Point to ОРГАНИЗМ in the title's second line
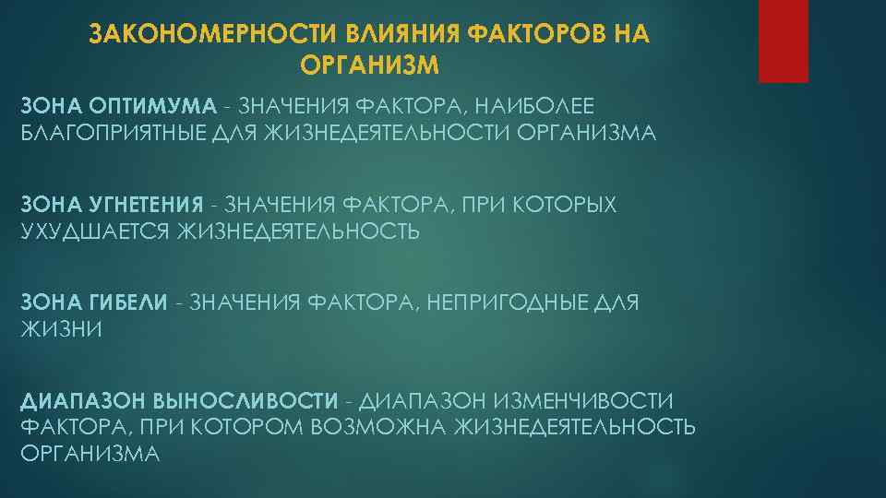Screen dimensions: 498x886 pos(369,65)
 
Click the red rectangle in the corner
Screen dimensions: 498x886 pos(783,41)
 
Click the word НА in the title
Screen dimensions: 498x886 pos(629,35)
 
